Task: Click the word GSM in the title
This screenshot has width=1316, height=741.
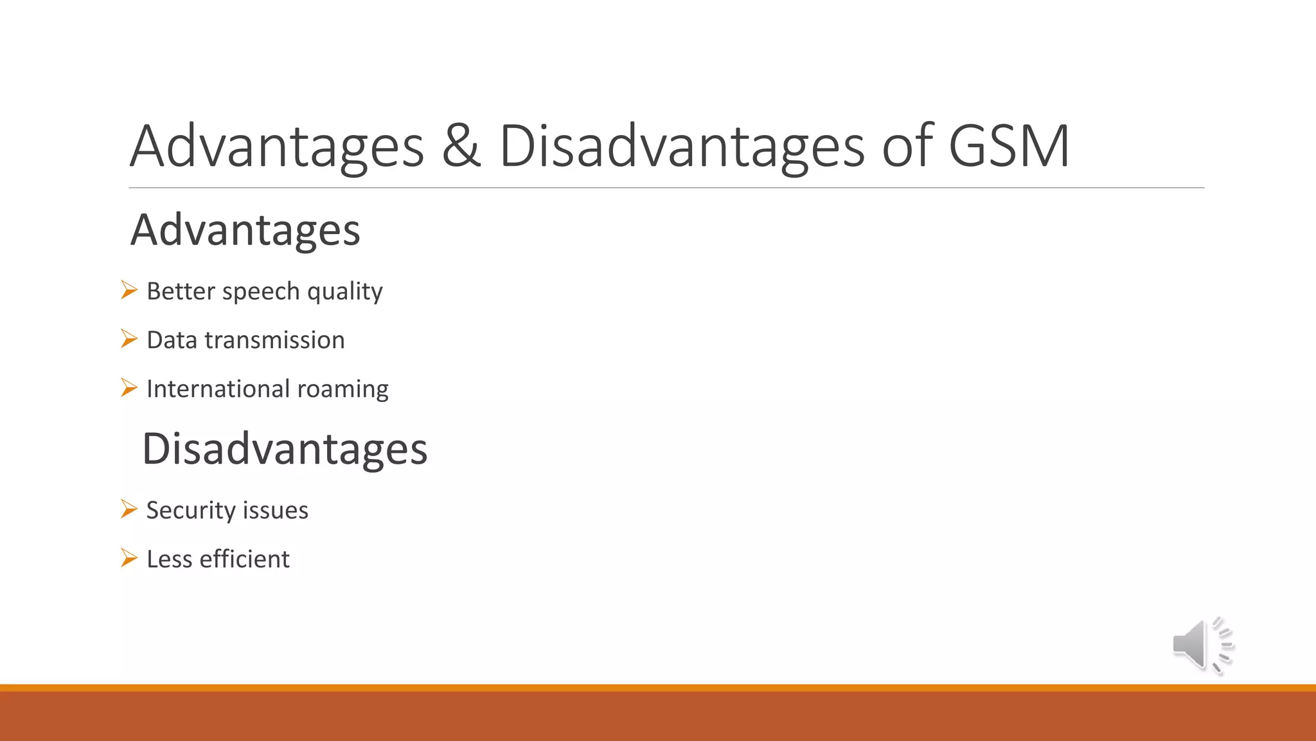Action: pos(1009,146)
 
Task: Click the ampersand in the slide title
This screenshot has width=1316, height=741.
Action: pos(461,146)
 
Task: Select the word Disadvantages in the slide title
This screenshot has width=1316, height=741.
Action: pos(682,146)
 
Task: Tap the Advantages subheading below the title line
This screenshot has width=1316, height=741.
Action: pos(245,230)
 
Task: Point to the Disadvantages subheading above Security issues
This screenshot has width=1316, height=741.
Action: pos(285,449)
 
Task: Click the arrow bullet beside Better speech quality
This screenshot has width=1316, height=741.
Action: pos(129,290)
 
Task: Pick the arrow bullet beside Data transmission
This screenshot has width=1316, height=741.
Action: pos(129,339)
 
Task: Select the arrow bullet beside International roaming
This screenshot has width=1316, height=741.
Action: pos(129,388)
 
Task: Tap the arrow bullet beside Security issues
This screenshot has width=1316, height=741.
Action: pos(129,509)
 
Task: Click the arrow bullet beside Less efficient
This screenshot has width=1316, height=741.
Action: pos(129,558)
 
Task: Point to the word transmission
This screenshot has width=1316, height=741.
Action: pos(274,340)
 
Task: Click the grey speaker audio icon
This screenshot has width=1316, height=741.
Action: pos(1201,645)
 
